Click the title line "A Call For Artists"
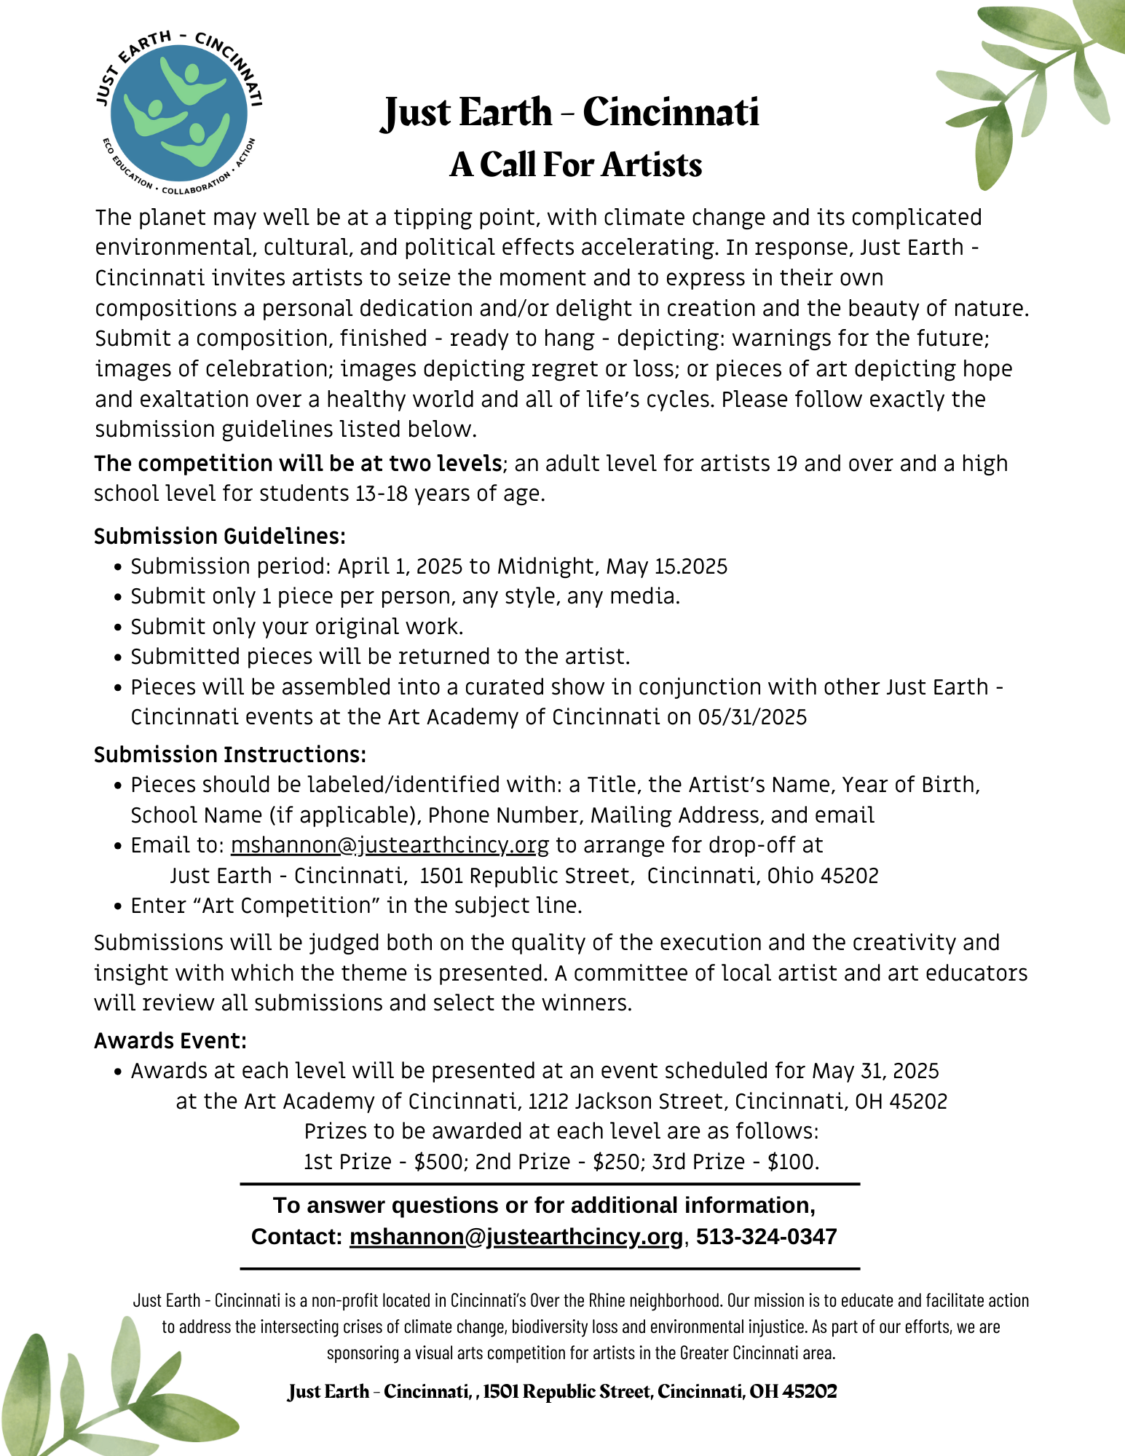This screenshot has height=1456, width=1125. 575,165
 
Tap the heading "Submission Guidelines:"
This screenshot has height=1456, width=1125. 219,537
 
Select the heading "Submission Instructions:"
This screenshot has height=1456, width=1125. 229,755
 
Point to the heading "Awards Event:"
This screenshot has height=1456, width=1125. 170,1041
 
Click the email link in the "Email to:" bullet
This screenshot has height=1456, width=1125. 390,845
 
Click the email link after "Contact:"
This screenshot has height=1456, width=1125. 516,1237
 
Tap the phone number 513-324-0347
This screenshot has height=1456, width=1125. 766,1237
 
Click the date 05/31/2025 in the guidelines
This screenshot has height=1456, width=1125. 752,718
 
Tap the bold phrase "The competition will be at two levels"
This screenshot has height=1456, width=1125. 298,464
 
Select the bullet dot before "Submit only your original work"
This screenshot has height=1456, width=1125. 118,628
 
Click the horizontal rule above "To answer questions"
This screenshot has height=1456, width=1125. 550,1184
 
